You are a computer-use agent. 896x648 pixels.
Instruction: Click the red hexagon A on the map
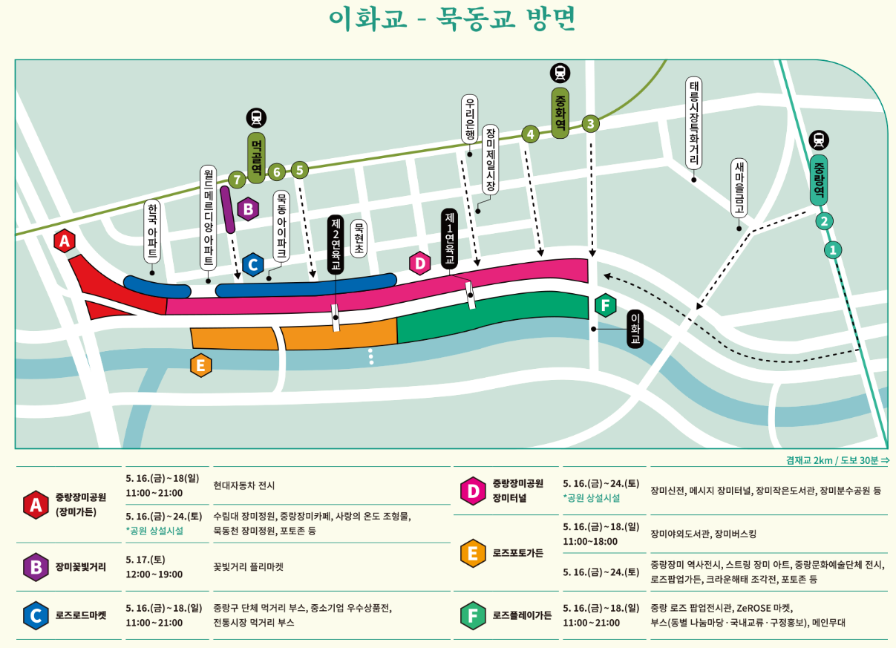pyautogui.click(x=65, y=240)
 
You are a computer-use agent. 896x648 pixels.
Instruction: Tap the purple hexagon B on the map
pyautogui.click(x=248, y=209)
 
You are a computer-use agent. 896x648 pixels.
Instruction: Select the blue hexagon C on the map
pyautogui.click(x=252, y=264)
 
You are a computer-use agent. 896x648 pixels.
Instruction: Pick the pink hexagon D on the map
pyautogui.click(x=420, y=263)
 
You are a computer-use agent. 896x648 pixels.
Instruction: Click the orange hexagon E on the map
pyautogui.click(x=201, y=365)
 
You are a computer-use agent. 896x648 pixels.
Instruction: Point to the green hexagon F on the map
pyautogui.click(x=606, y=305)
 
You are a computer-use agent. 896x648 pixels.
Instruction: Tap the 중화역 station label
pyautogui.click(x=560, y=112)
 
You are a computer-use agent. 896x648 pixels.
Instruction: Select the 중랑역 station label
pyautogui.click(x=819, y=178)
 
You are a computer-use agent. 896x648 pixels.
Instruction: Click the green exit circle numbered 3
pyautogui.click(x=590, y=123)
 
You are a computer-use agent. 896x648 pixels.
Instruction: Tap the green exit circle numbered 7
pyautogui.click(x=237, y=179)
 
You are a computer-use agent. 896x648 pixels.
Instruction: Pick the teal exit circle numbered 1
pyautogui.click(x=834, y=250)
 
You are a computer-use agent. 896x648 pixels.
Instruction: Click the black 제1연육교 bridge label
pyautogui.click(x=449, y=238)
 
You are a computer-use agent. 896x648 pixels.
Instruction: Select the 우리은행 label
pyautogui.click(x=469, y=122)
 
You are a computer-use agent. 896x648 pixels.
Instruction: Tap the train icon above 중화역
pyautogui.click(x=560, y=73)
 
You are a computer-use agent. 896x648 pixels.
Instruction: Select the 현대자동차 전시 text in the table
pyautogui.click(x=244, y=485)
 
